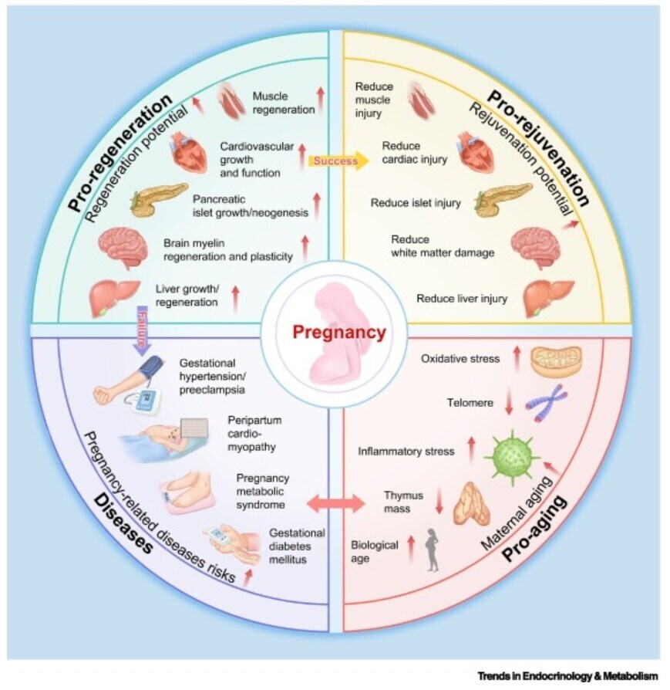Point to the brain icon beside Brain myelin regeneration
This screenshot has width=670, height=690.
[x=123, y=248]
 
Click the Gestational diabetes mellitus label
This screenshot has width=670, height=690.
[x=296, y=546]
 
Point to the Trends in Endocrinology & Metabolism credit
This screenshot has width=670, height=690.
[x=567, y=676]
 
